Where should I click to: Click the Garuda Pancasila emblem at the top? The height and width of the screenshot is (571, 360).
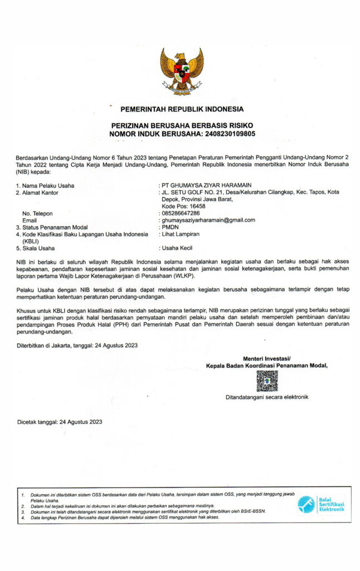coord(181,71)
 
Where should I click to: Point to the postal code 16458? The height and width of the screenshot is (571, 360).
coord(194,206)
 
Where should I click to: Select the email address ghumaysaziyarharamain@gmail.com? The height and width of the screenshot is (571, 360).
coord(208,220)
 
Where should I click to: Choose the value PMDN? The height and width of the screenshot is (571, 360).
coord(170,227)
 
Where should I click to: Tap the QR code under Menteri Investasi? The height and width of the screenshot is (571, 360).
coord(267,381)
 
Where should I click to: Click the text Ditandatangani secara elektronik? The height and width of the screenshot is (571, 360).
coord(266,397)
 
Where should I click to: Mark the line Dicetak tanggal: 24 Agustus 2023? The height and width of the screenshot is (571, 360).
coord(60,422)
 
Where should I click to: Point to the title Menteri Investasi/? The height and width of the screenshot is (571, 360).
coord(267,358)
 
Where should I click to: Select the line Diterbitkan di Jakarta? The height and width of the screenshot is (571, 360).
coord(77,345)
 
